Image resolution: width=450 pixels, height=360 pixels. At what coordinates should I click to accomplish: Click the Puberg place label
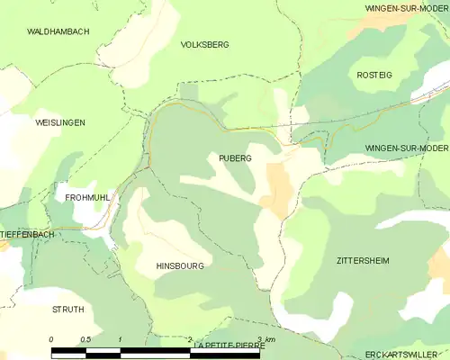pos(235,157)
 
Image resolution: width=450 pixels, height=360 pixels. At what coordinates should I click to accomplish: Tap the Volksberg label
pos(204,44)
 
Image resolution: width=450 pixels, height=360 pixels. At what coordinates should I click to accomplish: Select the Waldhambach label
pos(58,31)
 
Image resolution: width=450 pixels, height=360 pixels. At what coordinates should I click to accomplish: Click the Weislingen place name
pos(59,121)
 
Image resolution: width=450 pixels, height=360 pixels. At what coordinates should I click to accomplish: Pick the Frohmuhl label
pos(87,196)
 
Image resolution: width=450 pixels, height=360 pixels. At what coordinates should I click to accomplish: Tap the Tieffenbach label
pos(28,234)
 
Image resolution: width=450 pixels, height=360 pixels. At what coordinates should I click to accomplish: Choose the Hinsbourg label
pos(179,266)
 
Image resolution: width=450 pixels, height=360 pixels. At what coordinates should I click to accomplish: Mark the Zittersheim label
pos(363,260)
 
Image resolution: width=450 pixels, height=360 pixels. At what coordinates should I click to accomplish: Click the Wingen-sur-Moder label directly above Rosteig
pos(406,7)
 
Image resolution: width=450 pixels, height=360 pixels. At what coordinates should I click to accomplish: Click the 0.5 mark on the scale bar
pos(85,339)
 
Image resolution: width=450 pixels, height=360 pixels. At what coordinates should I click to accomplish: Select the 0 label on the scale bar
pos(51,339)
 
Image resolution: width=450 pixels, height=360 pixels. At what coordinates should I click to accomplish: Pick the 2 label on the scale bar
pos(189,339)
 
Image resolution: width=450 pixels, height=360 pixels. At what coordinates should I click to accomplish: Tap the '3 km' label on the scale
pos(265,339)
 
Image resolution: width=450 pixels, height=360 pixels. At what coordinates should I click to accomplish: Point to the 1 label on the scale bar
pos(120,339)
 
